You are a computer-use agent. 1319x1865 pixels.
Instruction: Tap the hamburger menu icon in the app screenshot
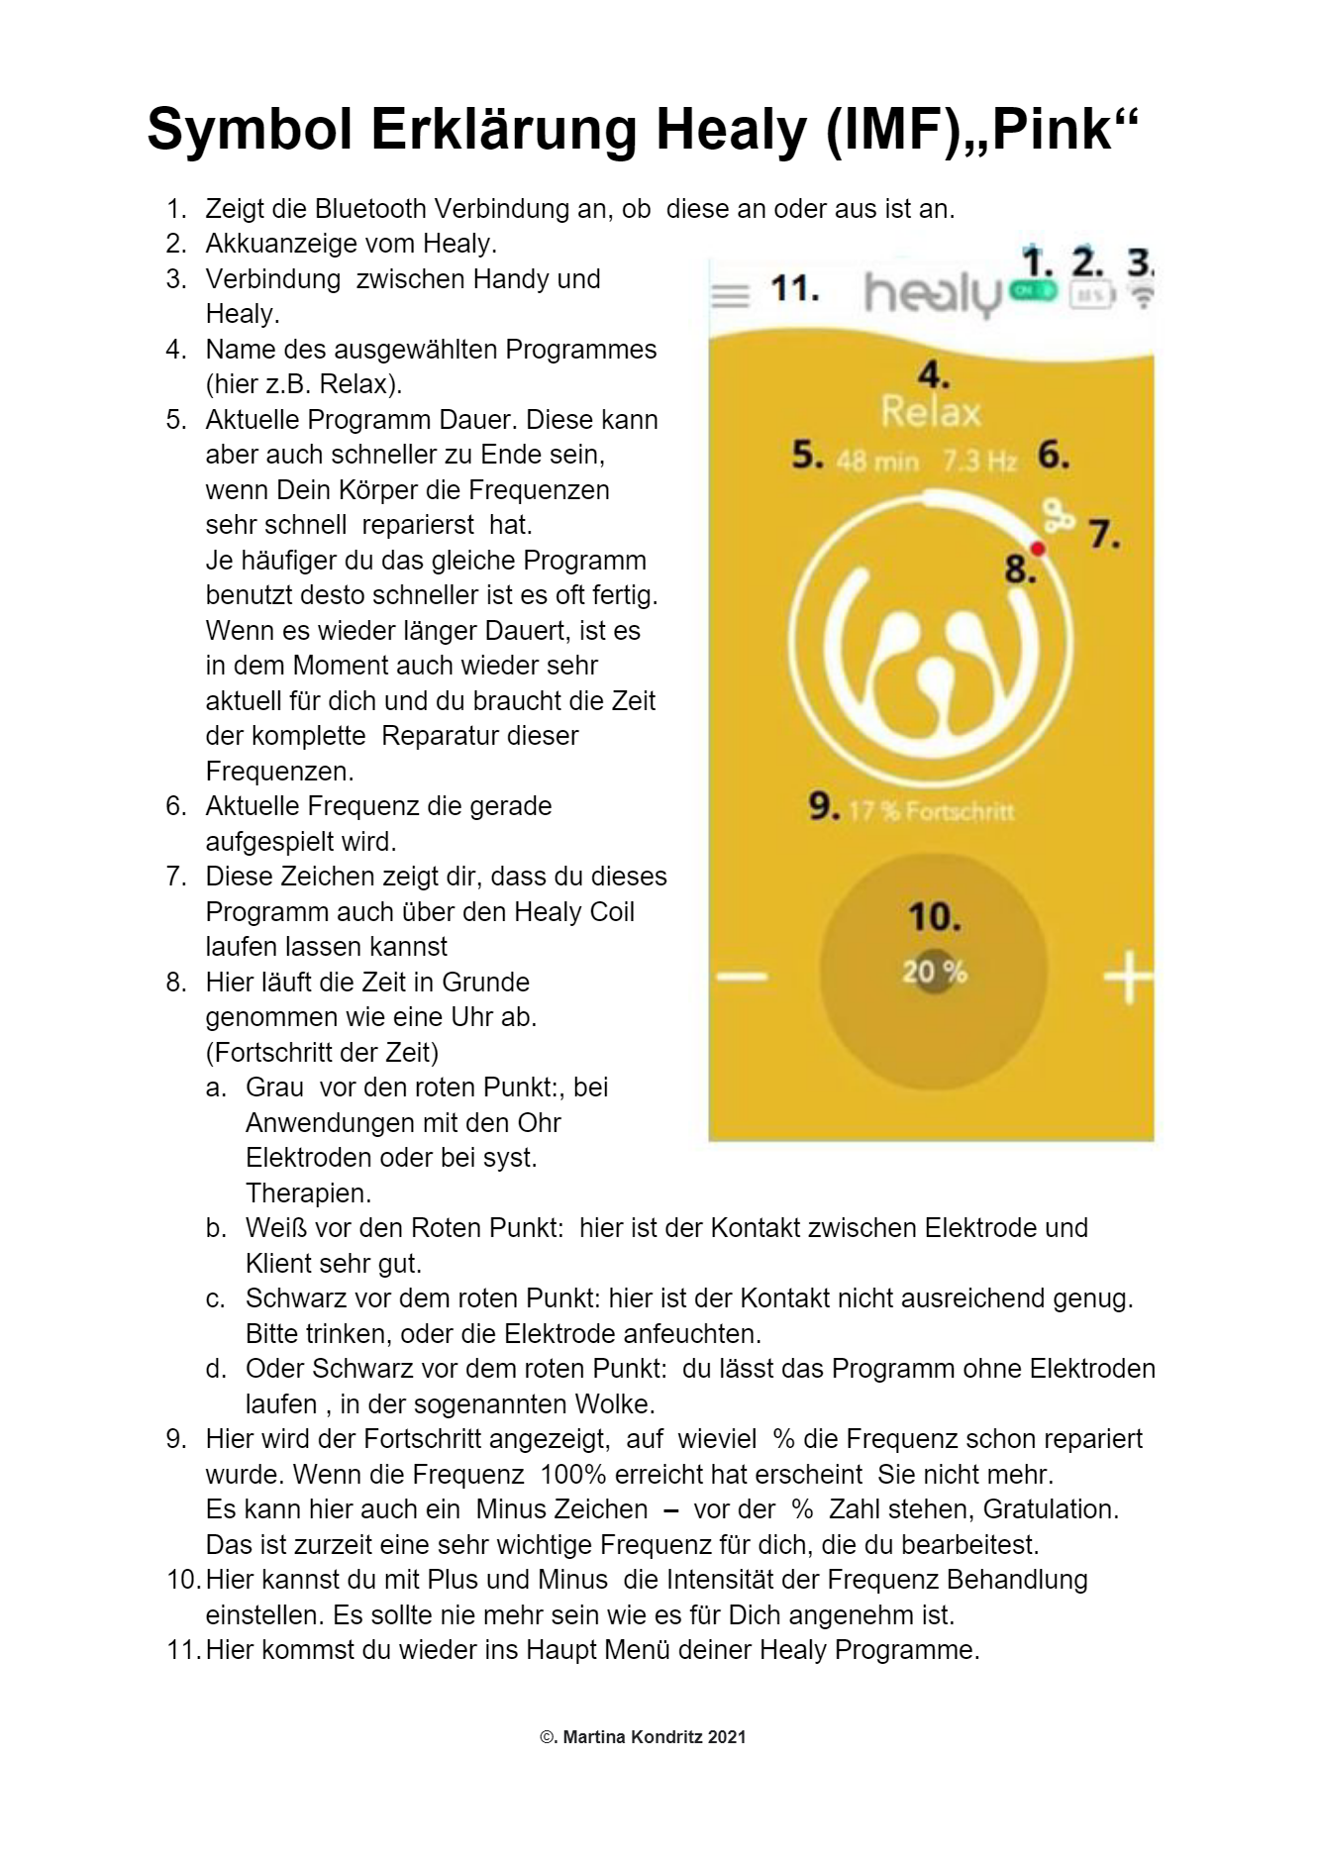click(731, 295)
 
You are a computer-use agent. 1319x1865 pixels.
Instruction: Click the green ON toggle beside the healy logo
click(1034, 291)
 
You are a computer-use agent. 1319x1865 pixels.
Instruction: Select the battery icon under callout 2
click(1091, 295)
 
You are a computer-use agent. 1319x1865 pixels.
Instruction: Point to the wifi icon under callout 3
click(1142, 296)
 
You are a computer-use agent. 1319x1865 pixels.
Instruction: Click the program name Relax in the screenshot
click(931, 412)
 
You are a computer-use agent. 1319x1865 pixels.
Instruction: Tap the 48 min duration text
click(877, 461)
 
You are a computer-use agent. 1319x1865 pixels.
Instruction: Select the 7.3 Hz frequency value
click(979, 461)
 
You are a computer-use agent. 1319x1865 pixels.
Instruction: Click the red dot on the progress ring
click(1038, 549)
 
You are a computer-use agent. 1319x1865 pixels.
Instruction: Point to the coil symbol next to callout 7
click(1059, 516)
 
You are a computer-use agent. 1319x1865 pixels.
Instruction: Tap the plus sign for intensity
click(1128, 978)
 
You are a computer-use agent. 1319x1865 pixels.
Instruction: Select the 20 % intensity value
click(934, 972)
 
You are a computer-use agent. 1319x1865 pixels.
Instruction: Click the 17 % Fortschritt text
click(931, 811)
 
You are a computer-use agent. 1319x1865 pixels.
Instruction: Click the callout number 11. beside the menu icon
click(794, 289)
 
